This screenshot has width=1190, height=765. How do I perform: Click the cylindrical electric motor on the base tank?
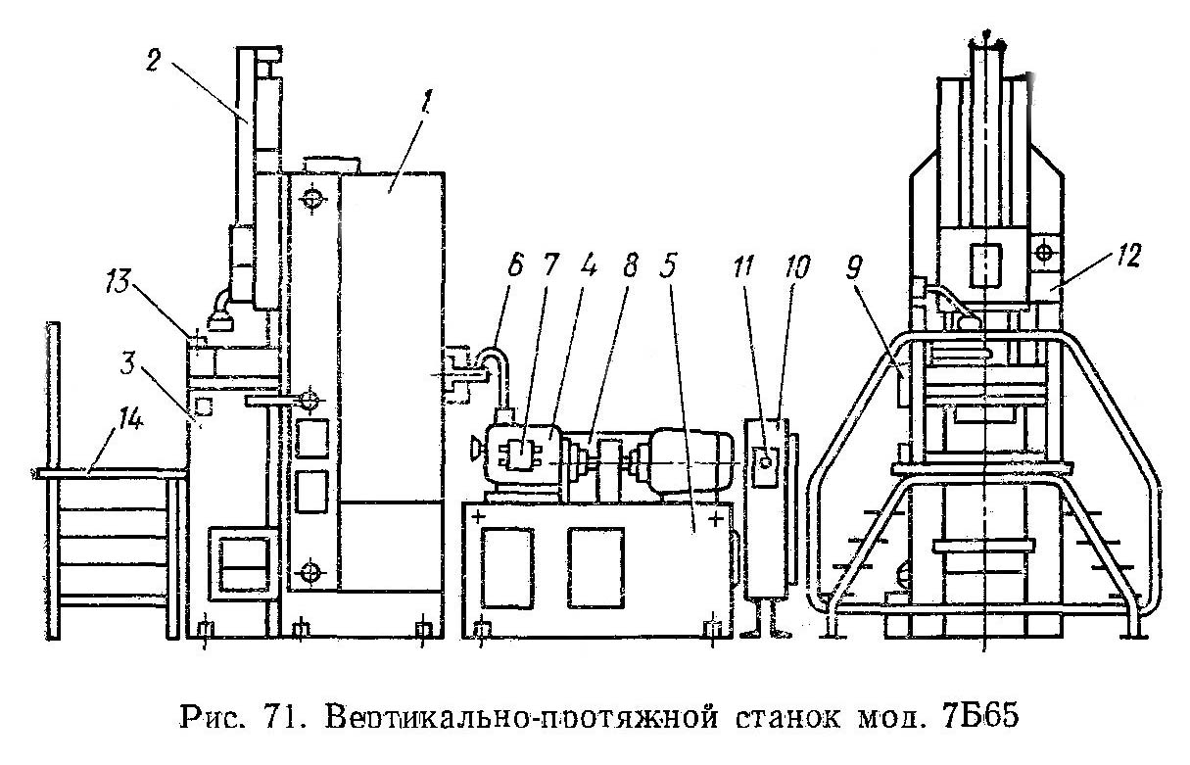click(x=685, y=459)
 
